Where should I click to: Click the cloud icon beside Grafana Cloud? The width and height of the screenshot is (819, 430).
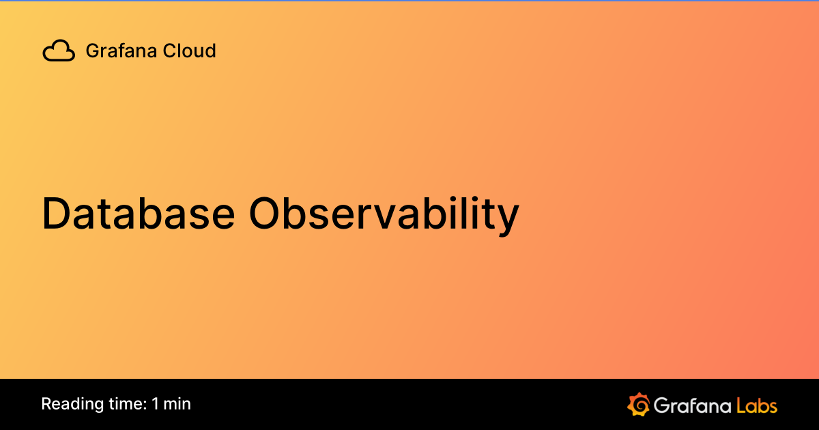tap(59, 51)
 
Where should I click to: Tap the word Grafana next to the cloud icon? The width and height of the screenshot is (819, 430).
tap(113, 51)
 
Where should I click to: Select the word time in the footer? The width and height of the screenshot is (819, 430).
tap(123, 404)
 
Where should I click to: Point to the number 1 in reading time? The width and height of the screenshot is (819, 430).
tap(156, 404)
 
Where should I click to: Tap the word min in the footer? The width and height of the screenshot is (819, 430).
tap(177, 404)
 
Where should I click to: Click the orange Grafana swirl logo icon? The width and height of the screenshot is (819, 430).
tap(638, 405)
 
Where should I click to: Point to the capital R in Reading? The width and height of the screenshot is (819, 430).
tap(46, 404)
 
